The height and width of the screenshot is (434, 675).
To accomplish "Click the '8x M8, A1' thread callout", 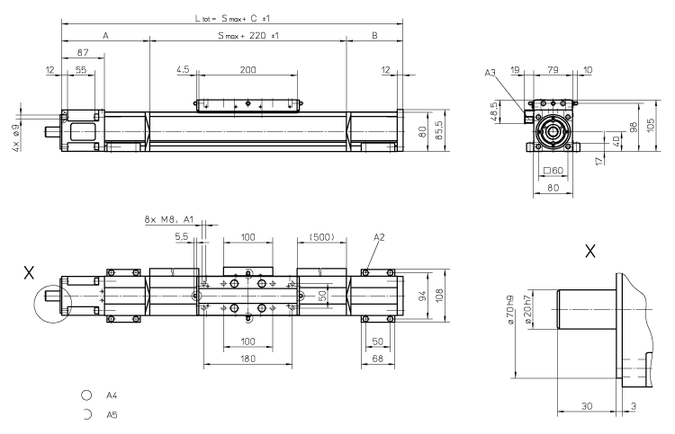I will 169,218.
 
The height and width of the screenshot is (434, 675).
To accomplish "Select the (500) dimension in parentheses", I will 321,237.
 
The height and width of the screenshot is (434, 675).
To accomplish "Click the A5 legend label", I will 112,415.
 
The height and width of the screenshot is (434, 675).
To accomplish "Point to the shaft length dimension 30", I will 587,405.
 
